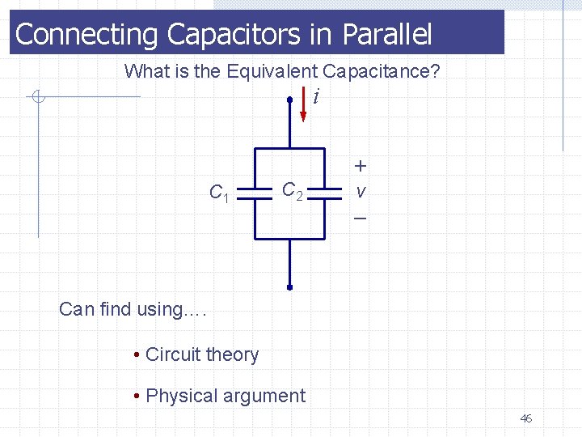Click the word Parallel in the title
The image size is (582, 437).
tap(387, 35)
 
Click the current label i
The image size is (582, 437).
tap(316, 97)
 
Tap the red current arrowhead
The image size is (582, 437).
tap(303, 115)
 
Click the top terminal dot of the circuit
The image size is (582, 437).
tap(289, 100)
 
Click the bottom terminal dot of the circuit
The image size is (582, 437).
tap(289, 286)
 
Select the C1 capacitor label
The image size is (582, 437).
tap(219, 193)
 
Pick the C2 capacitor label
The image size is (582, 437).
tap(292, 192)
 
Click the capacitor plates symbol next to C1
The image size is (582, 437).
tap(255, 194)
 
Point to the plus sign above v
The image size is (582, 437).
tap(360, 166)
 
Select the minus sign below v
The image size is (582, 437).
tap(360, 219)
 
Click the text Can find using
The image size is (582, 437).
tap(133, 309)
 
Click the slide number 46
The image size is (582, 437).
tap(525, 418)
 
